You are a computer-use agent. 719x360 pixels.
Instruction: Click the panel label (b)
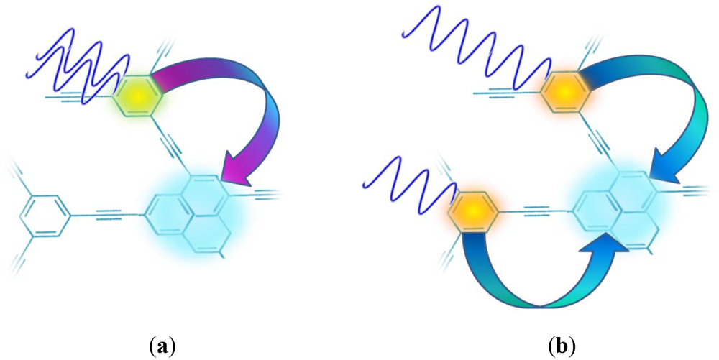pos(562,345)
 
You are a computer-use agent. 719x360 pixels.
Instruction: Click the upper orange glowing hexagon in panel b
pos(564,92)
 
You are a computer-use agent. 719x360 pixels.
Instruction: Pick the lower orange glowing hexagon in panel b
pos(473,211)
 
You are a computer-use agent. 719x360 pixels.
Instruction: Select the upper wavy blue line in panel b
pos(482,47)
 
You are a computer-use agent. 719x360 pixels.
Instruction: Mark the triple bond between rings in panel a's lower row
pos(108,213)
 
